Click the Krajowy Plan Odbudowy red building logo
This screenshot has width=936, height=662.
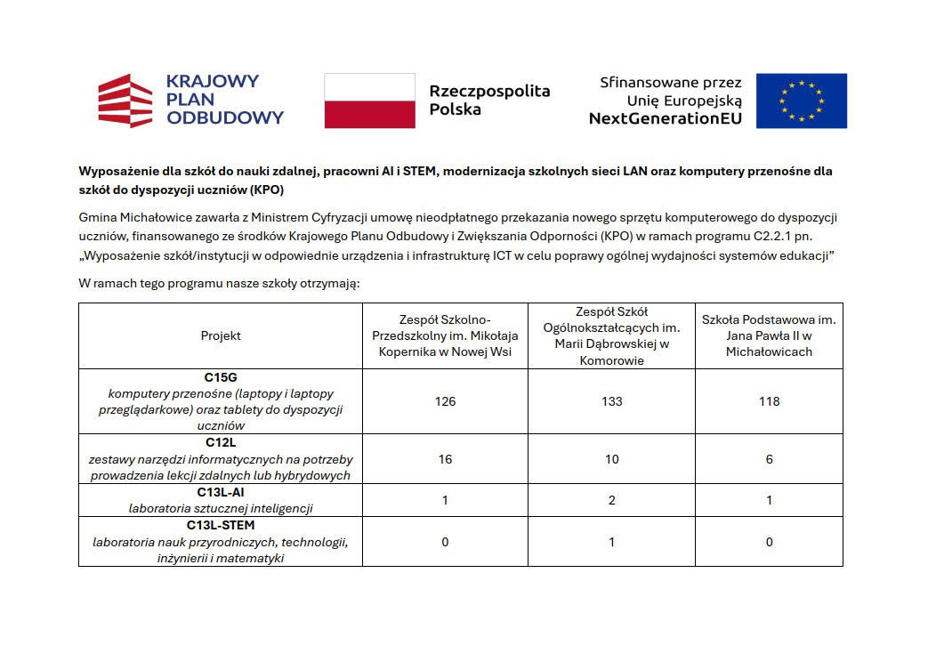(125, 101)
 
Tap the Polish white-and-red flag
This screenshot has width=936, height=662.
(369, 101)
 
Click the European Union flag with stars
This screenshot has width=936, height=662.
(801, 101)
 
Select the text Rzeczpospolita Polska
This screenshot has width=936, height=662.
(489, 100)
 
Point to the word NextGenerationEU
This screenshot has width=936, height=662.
(665, 118)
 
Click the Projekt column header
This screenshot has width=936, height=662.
(221, 335)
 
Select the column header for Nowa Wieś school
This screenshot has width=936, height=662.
(445, 335)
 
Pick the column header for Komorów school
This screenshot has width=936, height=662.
(611, 335)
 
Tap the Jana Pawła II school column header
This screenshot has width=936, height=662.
(769, 335)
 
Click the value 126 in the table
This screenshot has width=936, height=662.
(445, 401)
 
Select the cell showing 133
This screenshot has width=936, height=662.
(611, 401)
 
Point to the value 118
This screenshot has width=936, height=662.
(769, 401)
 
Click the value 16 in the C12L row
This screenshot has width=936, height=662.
(445, 459)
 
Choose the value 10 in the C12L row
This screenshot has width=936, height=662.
(611, 459)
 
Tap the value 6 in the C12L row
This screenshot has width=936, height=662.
(769, 459)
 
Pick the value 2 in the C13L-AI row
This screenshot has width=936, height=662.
(611, 500)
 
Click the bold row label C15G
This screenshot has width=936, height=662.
(221, 377)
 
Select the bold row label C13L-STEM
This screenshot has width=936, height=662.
(221, 525)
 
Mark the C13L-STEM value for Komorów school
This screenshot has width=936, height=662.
(611, 542)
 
